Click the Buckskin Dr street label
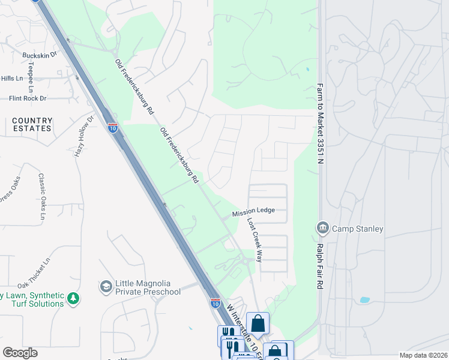pos(39,55)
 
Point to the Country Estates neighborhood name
pos(32,124)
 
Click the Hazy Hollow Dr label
pos(84,136)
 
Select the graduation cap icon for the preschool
pos(106,285)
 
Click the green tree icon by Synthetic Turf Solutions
pos(73,298)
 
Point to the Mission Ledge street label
pos(253,211)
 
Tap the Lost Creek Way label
pos(255,239)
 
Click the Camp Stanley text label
pos(358,229)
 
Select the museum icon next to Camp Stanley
pos(322,228)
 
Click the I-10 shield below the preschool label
pos(215,304)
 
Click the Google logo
pos(20,353)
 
